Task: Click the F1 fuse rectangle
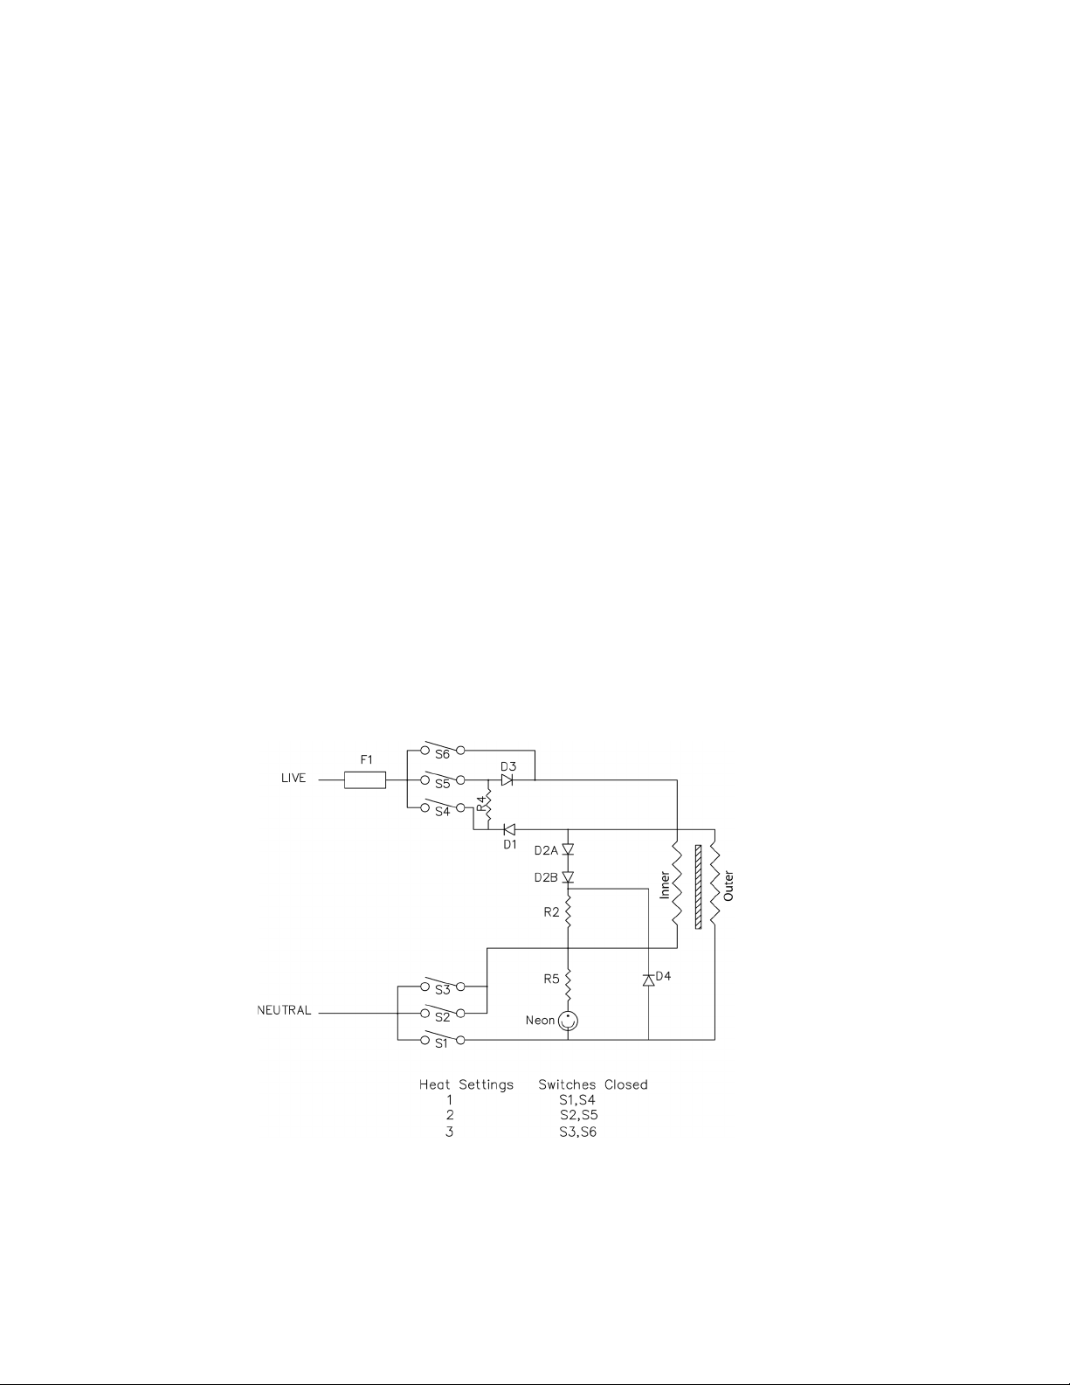coord(365,779)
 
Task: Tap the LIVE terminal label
coord(293,779)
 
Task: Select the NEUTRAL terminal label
coord(284,1011)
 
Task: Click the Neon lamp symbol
coord(569,1020)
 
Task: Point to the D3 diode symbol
coord(507,779)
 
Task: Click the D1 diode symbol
coord(509,829)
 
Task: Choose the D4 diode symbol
coord(648,980)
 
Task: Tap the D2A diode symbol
coord(568,849)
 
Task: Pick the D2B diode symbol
coord(568,876)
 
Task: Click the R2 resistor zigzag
coord(568,913)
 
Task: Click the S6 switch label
coord(442,754)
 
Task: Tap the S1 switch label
coord(441,1043)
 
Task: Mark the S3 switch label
coord(442,990)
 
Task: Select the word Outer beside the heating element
coord(728,885)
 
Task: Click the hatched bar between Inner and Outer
coord(697,886)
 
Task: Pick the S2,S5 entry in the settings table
coord(578,1115)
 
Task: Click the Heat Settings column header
coord(466,1084)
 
